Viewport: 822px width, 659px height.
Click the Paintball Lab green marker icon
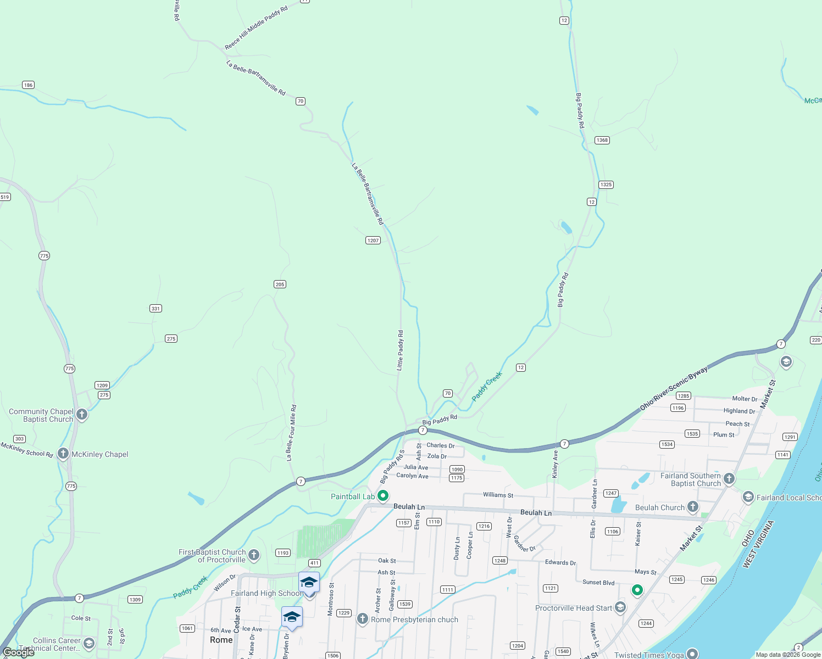click(383, 496)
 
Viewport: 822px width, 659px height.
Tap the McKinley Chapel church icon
click(63, 454)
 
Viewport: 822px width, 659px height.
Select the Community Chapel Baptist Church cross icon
click(82, 415)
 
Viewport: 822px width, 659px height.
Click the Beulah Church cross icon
click(693, 507)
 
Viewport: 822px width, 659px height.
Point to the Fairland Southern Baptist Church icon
click(729, 479)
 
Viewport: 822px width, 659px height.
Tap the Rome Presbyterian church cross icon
click(362, 619)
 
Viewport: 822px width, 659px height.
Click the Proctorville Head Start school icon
click(620, 607)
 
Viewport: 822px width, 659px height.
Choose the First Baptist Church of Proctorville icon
click(254, 555)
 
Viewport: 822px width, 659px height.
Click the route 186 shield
click(28, 85)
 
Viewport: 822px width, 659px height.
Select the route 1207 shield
click(373, 240)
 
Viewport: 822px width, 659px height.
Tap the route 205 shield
click(280, 284)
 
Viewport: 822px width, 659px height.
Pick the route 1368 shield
click(602, 140)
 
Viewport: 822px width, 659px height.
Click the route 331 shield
click(155, 308)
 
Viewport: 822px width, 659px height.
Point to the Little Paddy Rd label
click(401, 350)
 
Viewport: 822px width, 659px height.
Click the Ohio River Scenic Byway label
click(674, 388)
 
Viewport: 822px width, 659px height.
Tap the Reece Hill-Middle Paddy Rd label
click(256, 27)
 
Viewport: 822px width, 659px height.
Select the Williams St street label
click(498, 495)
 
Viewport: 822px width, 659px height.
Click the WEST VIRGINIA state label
click(758, 544)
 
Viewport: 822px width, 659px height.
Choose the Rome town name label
click(221, 640)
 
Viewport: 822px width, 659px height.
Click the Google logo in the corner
click(18, 652)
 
